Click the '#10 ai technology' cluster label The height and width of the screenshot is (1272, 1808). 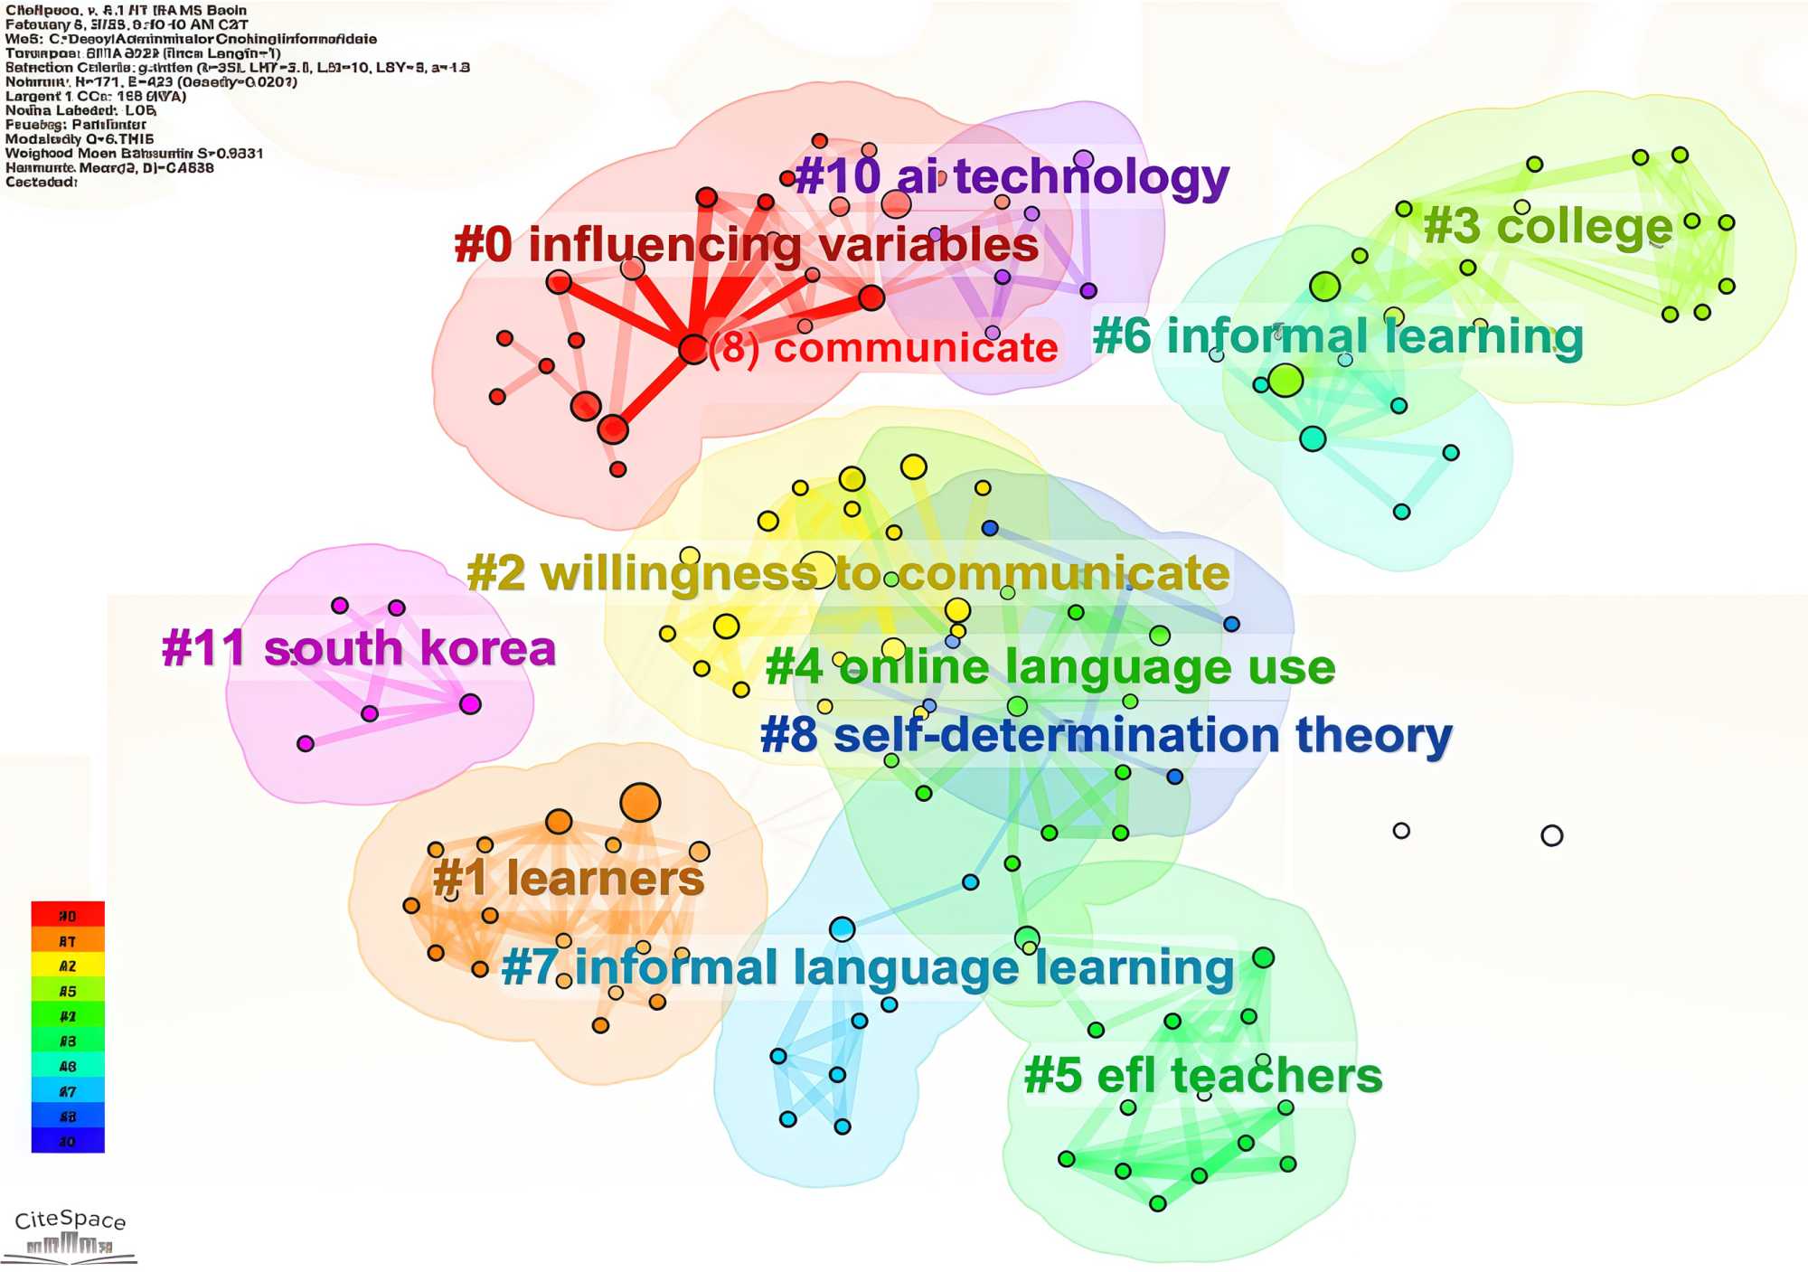(x=1012, y=176)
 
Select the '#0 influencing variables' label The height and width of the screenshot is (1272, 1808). (x=747, y=245)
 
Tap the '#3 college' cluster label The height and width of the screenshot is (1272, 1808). (x=1548, y=226)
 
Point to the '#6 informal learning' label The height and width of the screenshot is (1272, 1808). (x=1338, y=336)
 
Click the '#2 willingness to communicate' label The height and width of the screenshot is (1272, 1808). (x=848, y=573)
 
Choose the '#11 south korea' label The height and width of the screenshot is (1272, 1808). (x=358, y=649)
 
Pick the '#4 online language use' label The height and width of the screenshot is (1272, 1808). (x=1050, y=668)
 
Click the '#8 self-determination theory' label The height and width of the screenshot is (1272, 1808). (x=1106, y=735)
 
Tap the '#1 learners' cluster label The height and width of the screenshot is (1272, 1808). (x=568, y=878)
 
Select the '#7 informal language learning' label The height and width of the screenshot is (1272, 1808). (x=867, y=967)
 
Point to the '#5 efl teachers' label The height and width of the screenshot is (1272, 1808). (x=1202, y=1076)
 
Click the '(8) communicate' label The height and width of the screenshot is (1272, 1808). (x=883, y=348)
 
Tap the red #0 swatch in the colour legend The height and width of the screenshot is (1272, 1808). (x=68, y=915)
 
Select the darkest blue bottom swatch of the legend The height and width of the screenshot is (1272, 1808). (x=68, y=1141)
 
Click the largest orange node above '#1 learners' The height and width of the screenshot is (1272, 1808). (x=640, y=802)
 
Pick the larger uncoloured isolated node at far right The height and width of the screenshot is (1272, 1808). (x=1551, y=835)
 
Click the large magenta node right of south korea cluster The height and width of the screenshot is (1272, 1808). (x=470, y=704)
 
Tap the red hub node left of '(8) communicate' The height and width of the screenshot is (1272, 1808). (x=692, y=349)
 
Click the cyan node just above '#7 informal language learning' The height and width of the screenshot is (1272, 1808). (x=842, y=928)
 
